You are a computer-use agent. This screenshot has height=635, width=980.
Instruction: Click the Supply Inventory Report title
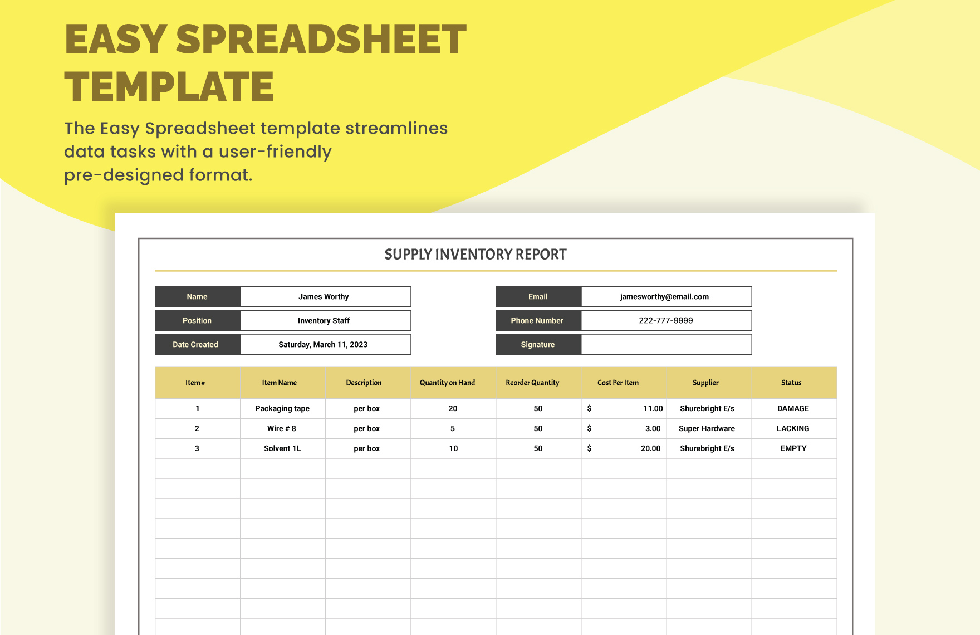click(476, 255)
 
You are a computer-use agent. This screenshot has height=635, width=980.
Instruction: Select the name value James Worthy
click(324, 297)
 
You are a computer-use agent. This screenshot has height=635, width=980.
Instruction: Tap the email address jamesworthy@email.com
click(664, 297)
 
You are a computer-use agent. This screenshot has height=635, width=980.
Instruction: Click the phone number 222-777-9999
click(665, 321)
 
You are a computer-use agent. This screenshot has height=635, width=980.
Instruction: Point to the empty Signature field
click(666, 345)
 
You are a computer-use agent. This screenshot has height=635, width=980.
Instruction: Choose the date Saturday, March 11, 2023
click(323, 345)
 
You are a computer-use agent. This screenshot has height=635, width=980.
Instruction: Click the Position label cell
click(197, 321)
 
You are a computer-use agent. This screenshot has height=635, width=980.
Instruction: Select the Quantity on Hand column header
click(447, 383)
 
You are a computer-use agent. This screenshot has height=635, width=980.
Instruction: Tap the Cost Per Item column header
click(618, 383)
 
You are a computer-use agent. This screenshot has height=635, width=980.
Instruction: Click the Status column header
click(791, 383)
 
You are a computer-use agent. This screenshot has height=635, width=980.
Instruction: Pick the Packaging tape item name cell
click(282, 409)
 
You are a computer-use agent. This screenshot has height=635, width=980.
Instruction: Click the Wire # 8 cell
click(282, 429)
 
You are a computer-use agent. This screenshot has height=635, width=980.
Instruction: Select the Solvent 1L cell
click(282, 449)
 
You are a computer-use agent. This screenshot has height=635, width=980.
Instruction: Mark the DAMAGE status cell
click(793, 409)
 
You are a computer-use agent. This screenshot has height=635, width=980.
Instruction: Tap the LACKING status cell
click(793, 429)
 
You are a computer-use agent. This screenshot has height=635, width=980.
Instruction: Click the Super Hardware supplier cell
click(707, 429)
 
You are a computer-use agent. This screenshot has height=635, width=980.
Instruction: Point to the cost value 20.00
click(650, 449)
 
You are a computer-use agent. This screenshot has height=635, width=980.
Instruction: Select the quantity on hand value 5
click(453, 429)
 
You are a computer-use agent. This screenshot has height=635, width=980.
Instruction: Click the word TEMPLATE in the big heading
click(169, 87)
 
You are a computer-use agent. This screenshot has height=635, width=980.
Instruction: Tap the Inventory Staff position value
click(324, 321)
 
